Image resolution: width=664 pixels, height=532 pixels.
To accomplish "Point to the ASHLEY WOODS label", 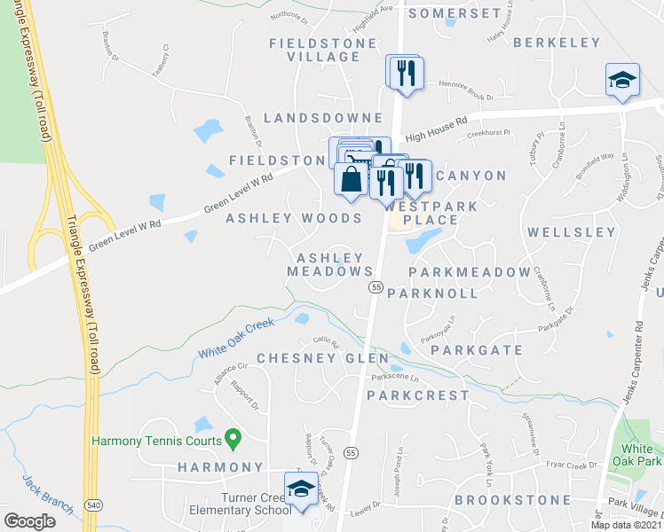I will coord(294,218).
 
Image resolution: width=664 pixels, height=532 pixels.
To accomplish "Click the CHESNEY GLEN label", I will coord(322,358).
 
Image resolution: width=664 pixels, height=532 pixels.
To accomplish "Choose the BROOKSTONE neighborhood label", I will coord(513,500).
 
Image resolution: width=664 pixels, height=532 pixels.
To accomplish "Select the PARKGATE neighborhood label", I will coord(477,350).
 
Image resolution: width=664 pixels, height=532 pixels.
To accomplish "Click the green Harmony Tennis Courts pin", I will coord(233,437).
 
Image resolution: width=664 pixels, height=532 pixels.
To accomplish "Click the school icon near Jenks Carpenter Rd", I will coord(622,80).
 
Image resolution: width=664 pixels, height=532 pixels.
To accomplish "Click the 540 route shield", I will coord(92,505).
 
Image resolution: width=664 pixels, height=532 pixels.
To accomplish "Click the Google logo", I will coord(30,521).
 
